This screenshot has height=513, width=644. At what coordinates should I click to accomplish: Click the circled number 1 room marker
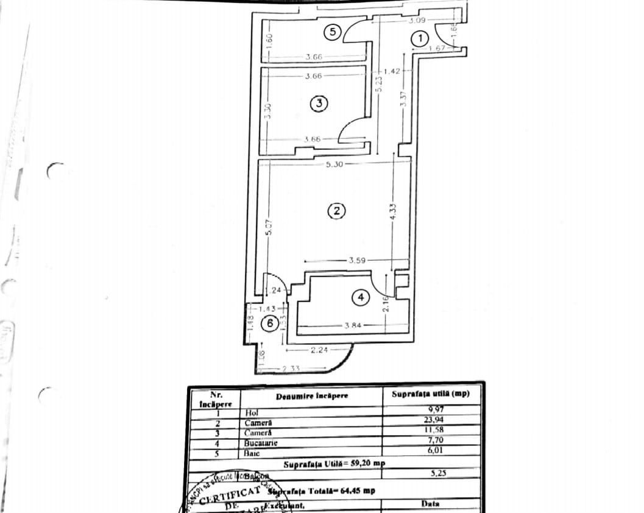[x=420, y=38]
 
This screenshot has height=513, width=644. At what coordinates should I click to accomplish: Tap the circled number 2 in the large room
[x=336, y=211]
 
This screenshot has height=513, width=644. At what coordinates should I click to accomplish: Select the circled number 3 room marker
[x=319, y=104]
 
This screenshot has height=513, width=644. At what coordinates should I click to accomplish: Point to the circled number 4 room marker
[x=361, y=297]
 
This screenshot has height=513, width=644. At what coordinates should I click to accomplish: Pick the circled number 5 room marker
[x=331, y=33]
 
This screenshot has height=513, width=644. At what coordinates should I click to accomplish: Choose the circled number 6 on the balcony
[x=269, y=324]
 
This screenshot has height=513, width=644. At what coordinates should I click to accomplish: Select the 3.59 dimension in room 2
[x=357, y=261]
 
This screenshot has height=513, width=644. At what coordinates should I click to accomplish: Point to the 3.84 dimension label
[x=353, y=325]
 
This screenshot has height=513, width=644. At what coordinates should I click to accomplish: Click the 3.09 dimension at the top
[x=417, y=20]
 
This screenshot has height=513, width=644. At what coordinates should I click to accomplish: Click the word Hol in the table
[x=252, y=412]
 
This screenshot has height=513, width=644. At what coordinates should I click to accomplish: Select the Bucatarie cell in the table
[x=261, y=443]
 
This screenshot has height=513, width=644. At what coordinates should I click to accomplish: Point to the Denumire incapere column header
[x=312, y=396]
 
